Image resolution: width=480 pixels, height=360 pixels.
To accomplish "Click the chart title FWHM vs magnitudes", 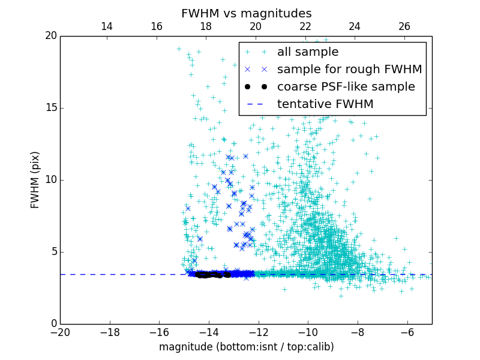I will pyautogui.click(x=246, y=13).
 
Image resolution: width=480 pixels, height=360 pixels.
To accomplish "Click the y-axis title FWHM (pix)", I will pyautogui.click(x=35, y=180).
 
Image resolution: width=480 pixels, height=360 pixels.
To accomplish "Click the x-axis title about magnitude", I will pyautogui.click(x=246, y=347).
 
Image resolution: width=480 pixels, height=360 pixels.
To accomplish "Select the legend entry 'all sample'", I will pyautogui.click(x=308, y=52).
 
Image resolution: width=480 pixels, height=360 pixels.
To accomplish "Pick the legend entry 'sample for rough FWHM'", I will pyautogui.click(x=349, y=70).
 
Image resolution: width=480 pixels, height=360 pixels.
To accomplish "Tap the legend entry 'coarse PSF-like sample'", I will pyautogui.click(x=346, y=87).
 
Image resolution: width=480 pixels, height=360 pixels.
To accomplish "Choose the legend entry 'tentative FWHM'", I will pyautogui.click(x=325, y=104).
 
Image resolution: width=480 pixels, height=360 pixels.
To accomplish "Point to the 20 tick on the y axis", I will pyautogui.click(x=50, y=36).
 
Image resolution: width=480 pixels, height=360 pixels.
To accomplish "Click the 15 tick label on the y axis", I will pyautogui.click(x=50, y=108).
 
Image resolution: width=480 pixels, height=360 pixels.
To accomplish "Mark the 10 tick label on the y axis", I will pyautogui.click(x=50, y=180).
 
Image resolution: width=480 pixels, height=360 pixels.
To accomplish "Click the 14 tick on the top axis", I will pyautogui.click(x=107, y=26).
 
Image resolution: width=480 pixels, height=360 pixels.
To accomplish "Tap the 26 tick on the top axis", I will pyautogui.click(x=404, y=26).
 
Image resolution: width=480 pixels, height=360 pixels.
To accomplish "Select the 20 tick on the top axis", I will pyautogui.click(x=256, y=26).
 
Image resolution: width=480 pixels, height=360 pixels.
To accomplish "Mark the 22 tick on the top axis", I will pyautogui.click(x=305, y=26).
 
